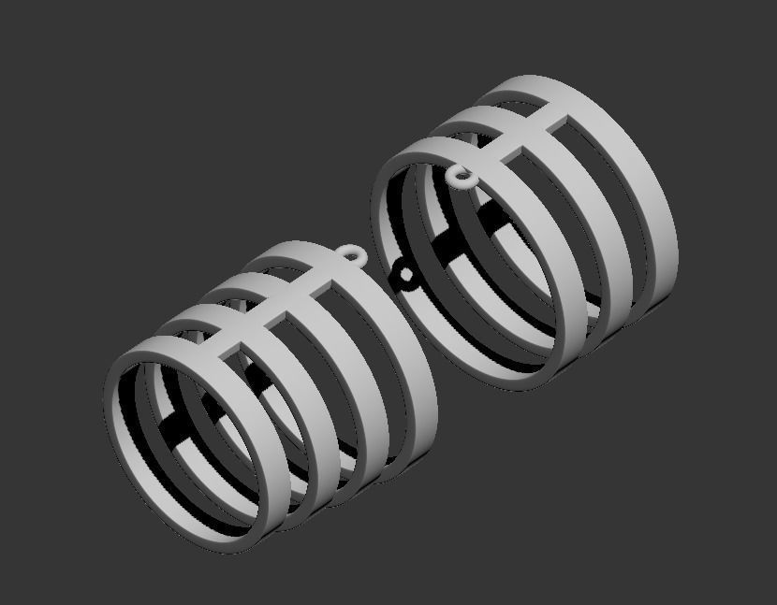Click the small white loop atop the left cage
coord(354,254)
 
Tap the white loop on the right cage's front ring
coord(460,175)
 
